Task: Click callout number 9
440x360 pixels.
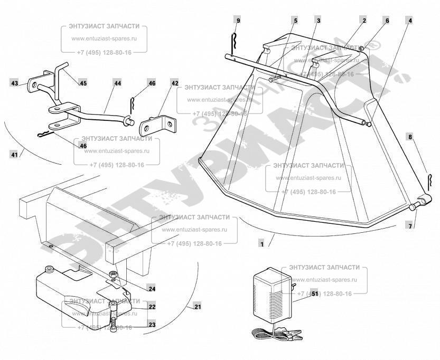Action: coord(238,21)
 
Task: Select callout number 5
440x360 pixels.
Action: coord(295,21)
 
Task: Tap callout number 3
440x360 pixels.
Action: coord(319,21)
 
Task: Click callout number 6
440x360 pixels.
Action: coord(387,21)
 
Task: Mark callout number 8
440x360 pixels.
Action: coord(410,136)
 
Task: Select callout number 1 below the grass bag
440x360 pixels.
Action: coord(261,243)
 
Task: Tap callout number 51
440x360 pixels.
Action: coord(300,294)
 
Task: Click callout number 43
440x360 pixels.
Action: coord(14,83)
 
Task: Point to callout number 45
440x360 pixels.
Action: coord(83,83)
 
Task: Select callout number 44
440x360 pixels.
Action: coord(117,83)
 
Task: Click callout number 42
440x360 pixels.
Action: coord(175,83)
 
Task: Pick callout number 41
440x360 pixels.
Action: coord(14,154)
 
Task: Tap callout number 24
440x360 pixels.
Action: coord(152,289)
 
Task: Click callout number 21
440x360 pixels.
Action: coord(198,307)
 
